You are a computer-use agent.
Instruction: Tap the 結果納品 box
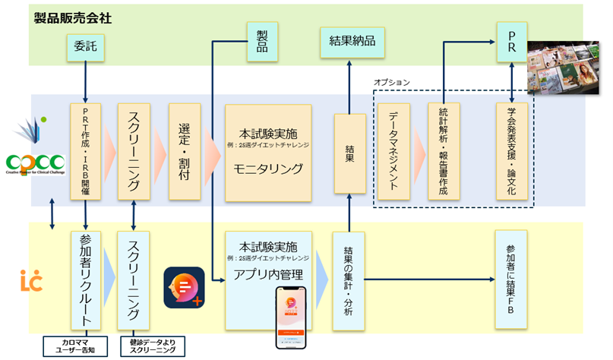(349, 39)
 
